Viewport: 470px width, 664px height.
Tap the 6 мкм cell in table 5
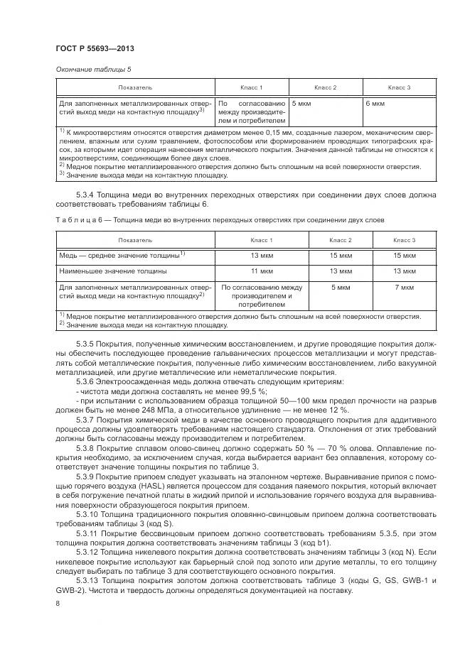(x=375, y=104)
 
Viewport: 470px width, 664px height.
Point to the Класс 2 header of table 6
(x=341, y=240)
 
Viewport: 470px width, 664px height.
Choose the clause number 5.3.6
(x=87, y=381)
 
